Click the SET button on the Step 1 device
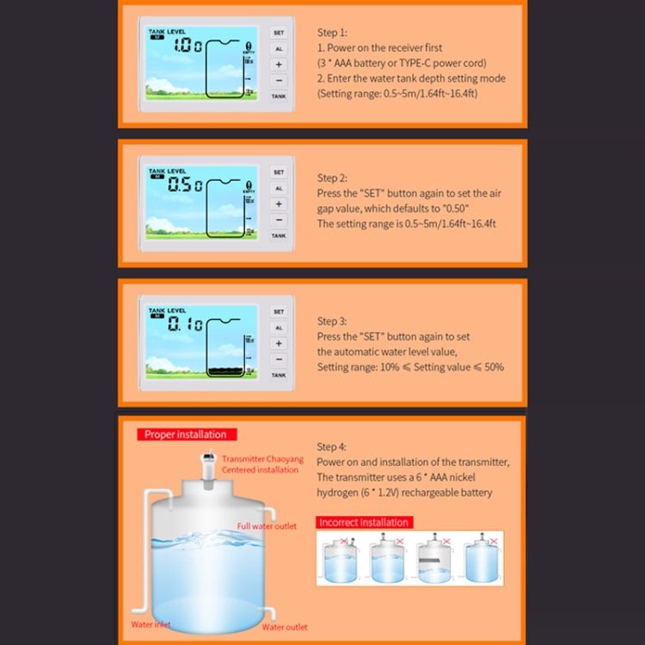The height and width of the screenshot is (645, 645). pyautogui.click(x=279, y=33)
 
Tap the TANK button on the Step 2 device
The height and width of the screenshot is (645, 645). pyautogui.click(x=279, y=236)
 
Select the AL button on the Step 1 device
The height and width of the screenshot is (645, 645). pyautogui.click(x=279, y=49)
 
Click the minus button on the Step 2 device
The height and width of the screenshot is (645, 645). pyautogui.click(x=279, y=220)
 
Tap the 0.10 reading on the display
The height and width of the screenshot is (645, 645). pyautogui.click(x=186, y=324)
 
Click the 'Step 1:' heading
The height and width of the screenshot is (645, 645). pyautogui.click(x=332, y=32)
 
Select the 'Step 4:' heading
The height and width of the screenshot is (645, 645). pyautogui.click(x=332, y=446)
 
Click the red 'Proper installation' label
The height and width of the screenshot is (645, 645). pyautogui.click(x=186, y=434)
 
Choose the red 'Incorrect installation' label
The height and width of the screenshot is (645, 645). pyautogui.click(x=364, y=522)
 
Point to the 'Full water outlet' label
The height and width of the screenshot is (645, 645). pyautogui.click(x=267, y=526)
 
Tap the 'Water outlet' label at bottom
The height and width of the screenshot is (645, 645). pyautogui.click(x=284, y=627)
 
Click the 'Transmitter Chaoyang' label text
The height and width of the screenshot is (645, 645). pyautogui.click(x=262, y=459)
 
